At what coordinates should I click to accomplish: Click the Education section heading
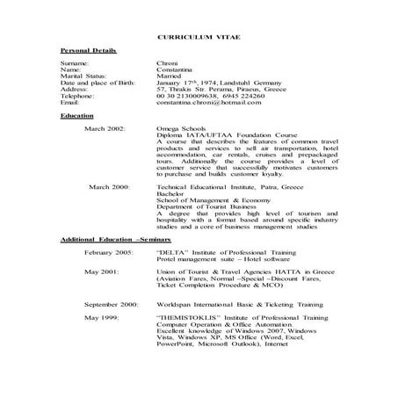(x=77, y=115)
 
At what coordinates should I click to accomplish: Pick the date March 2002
(x=105, y=128)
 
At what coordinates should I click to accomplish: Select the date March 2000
(x=108, y=187)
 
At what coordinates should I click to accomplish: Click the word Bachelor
(x=171, y=194)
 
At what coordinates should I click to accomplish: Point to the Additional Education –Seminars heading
(x=115, y=239)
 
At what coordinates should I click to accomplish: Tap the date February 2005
(x=109, y=252)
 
